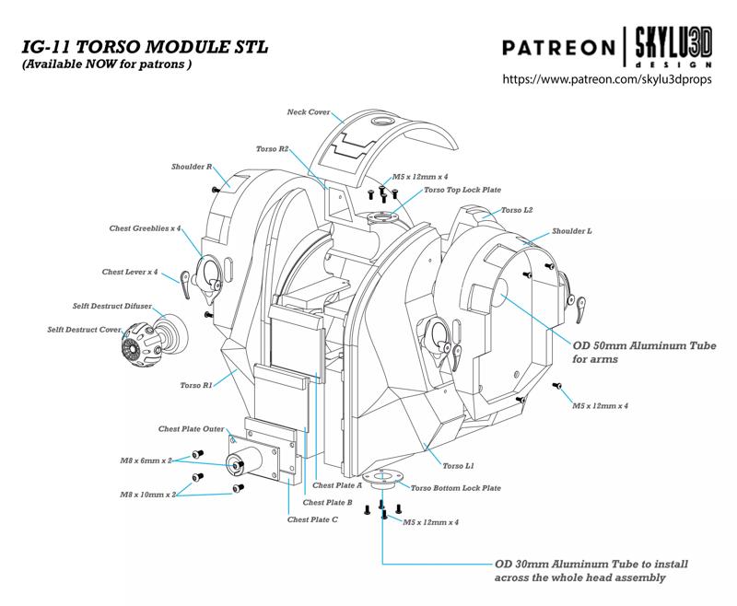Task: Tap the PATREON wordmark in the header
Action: tap(558, 47)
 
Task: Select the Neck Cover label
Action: tap(309, 112)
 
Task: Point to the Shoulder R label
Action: tap(192, 167)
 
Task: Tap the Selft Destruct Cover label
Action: tap(84, 329)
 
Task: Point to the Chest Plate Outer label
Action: tap(191, 428)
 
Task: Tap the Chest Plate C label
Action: tap(314, 519)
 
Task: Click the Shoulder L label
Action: tap(571, 230)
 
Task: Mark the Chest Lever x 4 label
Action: tap(130, 273)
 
